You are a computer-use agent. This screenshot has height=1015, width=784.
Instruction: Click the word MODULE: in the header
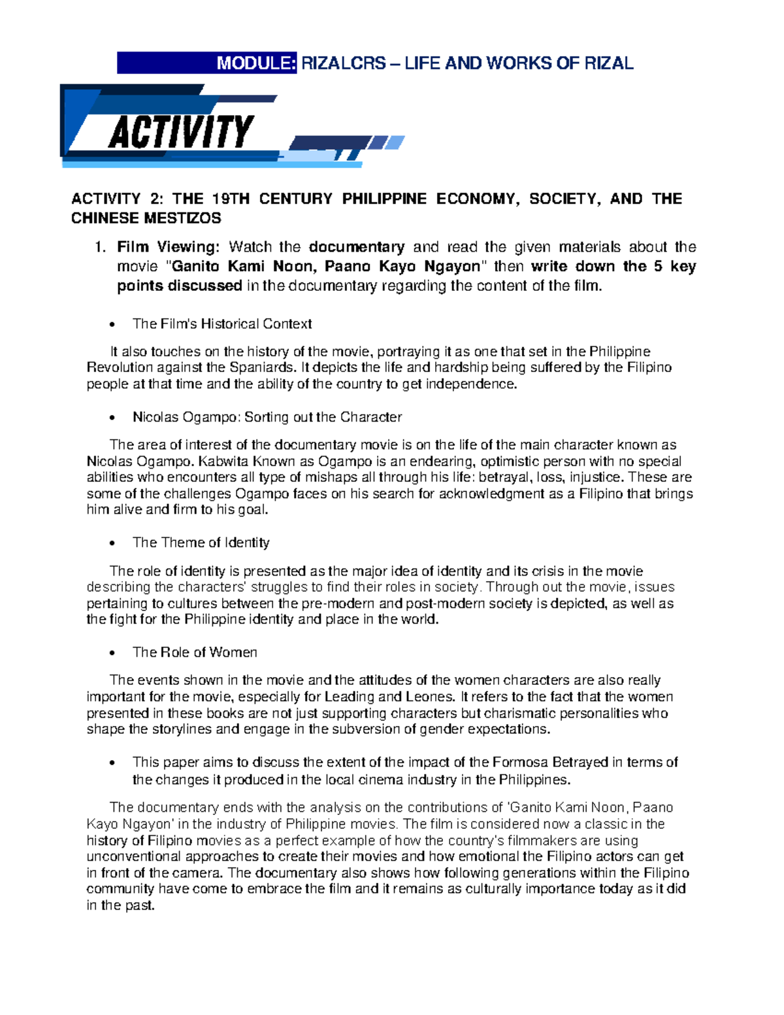pyautogui.click(x=257, y=63)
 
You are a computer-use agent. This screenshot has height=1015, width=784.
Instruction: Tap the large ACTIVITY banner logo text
pyautogui.click(x=181, y=132)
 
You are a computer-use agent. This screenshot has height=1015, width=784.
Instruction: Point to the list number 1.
pyautogui.click(x=99, y=247)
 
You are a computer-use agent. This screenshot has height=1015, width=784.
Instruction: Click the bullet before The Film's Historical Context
pyautogui.click(x=113, y=325)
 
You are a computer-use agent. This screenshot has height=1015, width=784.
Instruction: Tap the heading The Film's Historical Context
pyautogui.click(x=222, y=324)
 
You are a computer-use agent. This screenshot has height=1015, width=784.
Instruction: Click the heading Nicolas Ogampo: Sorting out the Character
pyautogui.click(x=267, y=417)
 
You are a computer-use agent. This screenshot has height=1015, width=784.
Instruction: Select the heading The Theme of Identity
pyautogui.click(x=201, y=542)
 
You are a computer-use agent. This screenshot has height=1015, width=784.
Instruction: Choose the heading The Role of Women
pyautogui.click(x=195, y=652)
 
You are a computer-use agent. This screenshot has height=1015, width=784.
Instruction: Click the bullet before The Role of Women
pyautogui.click(x=113, y=653)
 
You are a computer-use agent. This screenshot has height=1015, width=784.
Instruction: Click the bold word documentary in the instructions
pyautogui.click(x=357, y=247)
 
